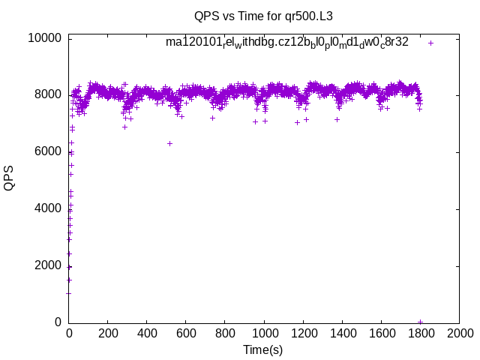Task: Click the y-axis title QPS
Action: point(9,178)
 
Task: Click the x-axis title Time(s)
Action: point(263,349)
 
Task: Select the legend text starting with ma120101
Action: point(287,42)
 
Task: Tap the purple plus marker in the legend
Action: point(430,43)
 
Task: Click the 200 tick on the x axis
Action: point(108,333)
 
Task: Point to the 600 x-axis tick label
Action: point(186,333)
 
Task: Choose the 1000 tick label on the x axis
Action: point(264,333)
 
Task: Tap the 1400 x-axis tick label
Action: point(342,333)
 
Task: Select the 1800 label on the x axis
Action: point(420,333)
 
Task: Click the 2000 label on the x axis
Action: point(459,333)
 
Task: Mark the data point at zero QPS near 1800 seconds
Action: point(421,321)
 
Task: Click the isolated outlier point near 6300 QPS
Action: point(169,143)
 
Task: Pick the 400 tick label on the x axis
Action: point(147,333)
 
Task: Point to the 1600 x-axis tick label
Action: point(381,333)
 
